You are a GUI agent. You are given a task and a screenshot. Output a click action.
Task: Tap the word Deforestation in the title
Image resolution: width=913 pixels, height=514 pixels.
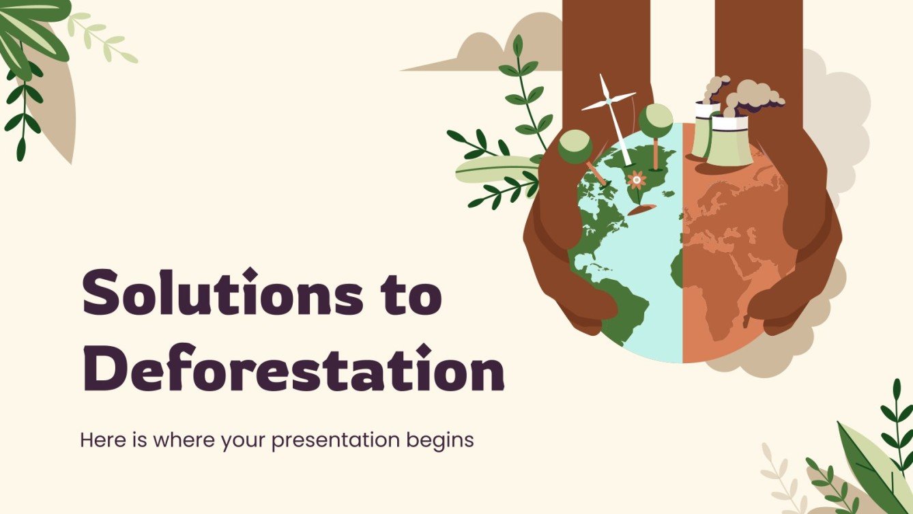(x=292, y=369)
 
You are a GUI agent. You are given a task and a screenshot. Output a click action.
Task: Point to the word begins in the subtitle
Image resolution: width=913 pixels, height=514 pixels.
(x=441, y=441)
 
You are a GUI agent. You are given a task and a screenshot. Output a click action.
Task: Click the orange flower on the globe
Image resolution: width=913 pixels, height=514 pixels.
(x=637, y=181)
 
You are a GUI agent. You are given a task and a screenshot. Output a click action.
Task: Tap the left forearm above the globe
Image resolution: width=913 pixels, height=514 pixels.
(x=594, y=41)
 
